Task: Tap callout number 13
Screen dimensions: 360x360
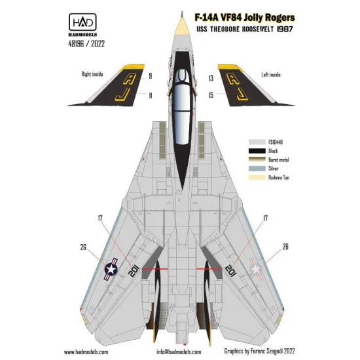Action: (211, 77)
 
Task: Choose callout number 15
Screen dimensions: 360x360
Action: (211, 96)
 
